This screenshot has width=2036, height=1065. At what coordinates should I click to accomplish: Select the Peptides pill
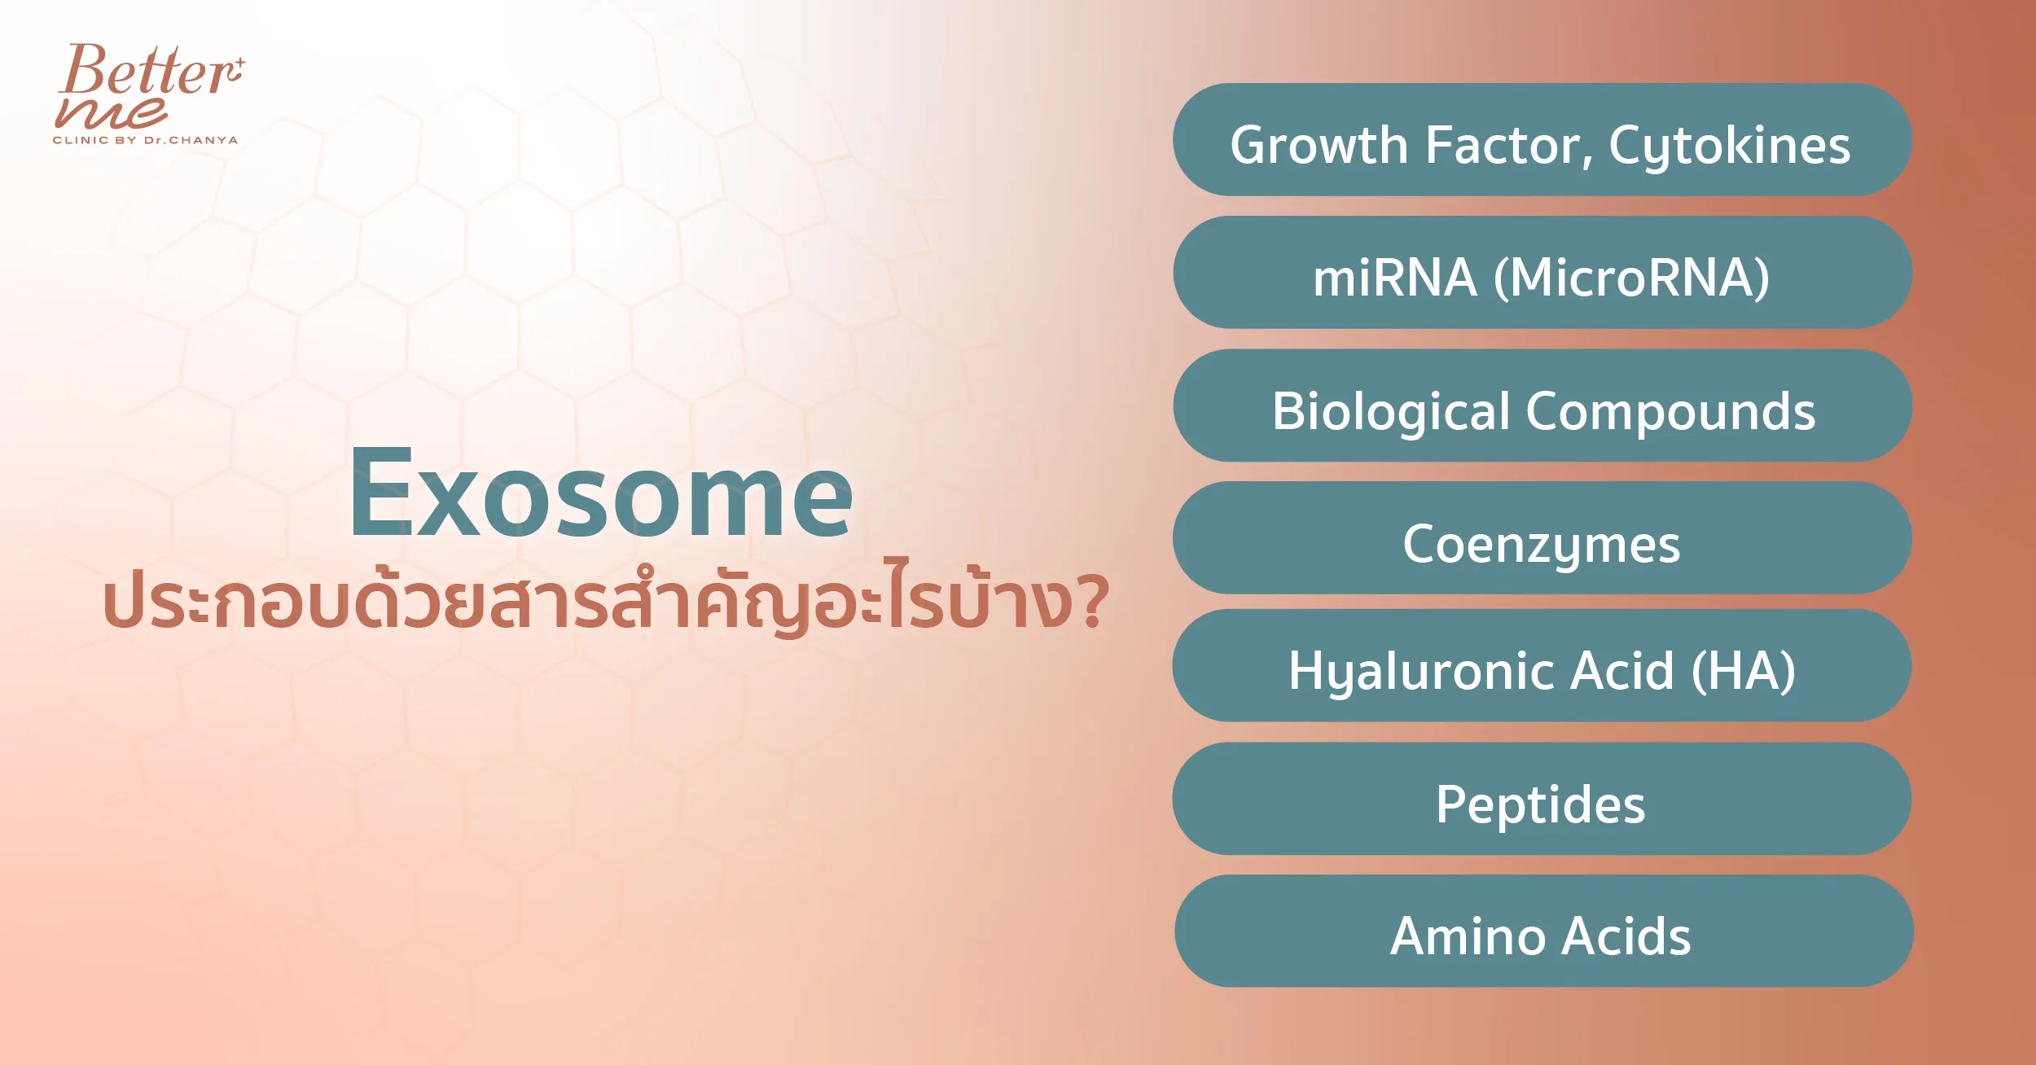[x=1542, y=798]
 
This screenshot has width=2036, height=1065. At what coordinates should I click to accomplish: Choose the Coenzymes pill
[x=1542, y=537]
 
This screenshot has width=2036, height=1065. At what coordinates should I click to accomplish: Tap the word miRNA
[x=1395, y=278]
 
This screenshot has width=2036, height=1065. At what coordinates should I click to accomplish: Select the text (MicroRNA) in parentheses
[x=1631, y=278]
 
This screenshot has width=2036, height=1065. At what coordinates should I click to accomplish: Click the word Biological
[x=1391, y=412]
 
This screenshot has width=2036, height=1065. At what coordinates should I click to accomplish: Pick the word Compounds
[x=1670, y=412]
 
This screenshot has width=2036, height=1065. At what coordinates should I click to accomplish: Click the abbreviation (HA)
[x=1743, y=672]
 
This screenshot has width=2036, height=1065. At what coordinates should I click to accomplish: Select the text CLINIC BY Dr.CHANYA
[x=146, y=140]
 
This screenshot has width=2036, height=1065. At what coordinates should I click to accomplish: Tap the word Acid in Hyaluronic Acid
[x=1622, y=671]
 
